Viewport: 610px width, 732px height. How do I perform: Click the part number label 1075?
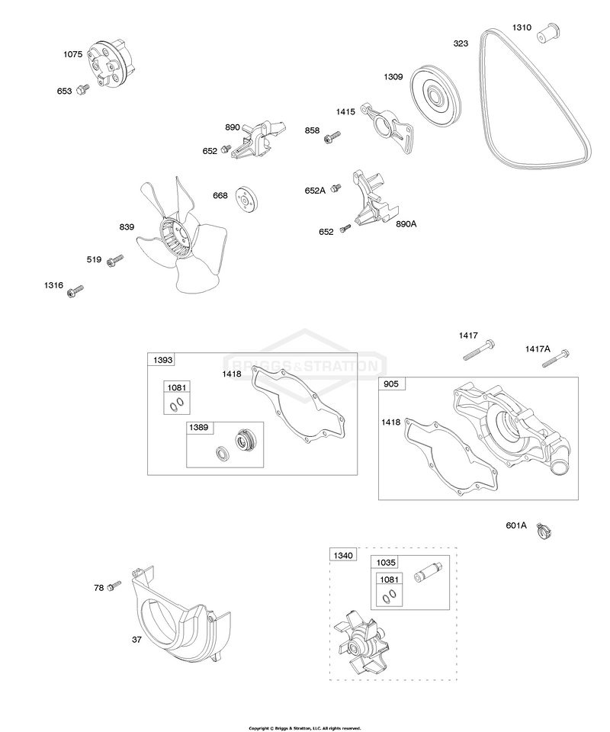click(x=72, y=54)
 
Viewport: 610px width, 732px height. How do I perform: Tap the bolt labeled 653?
click(x=82, y=88)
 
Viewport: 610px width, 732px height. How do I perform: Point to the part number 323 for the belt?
click(x=461, y=43)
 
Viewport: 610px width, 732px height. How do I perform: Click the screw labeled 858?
click(x=332, y=136)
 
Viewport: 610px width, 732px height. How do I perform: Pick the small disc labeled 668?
click(x=247, y=199)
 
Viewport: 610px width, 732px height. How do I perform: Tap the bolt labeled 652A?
click(x=335, y=188)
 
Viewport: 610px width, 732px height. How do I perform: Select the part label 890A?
click(x=406, y=224)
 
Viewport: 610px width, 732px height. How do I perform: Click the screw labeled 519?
click(x=115, y=261)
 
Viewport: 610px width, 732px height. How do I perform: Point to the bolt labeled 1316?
click(x=75, y=291)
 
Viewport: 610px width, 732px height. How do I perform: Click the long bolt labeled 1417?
click(x=479, y=350)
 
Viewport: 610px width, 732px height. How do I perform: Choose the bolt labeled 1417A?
click(x=556, y=358)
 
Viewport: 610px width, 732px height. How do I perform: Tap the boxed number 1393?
click(x=162, y=360)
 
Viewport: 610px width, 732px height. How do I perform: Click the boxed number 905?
click(x=391, y=384)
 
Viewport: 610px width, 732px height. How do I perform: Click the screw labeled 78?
click(x=114, y=586)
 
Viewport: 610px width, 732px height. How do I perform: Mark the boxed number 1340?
click(x=343, y=556)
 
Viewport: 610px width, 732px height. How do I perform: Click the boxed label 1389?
click(x=199, y=428)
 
